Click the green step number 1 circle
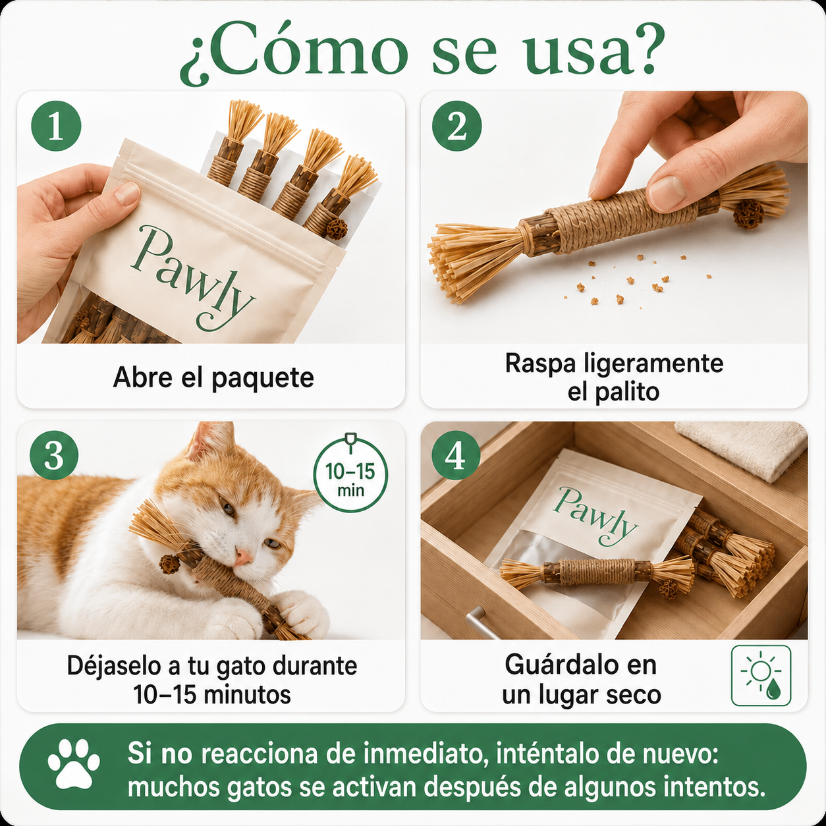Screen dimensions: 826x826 [x=56, y=126]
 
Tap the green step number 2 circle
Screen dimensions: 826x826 [x=457, y=126]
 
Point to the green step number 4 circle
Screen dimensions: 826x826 [x=456, y=457]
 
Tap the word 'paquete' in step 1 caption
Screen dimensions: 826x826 [x=263, y=379]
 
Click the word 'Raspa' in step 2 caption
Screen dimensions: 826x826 [x=541, y=364]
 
